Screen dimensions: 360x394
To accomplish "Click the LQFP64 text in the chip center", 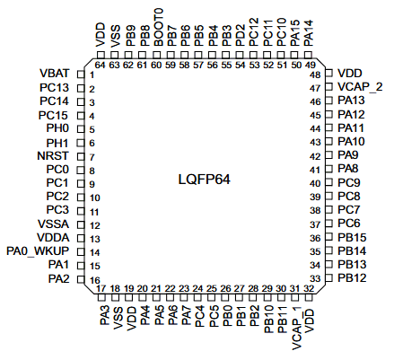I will point(204,180).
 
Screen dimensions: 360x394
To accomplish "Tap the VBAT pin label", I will point(54,74).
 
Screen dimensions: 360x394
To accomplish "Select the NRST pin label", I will point(54,155).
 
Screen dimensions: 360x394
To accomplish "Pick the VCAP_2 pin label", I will point(359,86).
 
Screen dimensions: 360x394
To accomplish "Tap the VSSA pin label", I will point(54,224).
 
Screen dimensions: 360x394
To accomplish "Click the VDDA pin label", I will point(54,237).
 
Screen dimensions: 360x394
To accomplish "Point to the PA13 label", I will point(352,101).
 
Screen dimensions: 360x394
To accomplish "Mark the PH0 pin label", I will point(57,128).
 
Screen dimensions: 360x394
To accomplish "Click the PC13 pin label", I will point(54,87).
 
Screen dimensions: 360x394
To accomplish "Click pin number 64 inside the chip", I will point(101,65).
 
